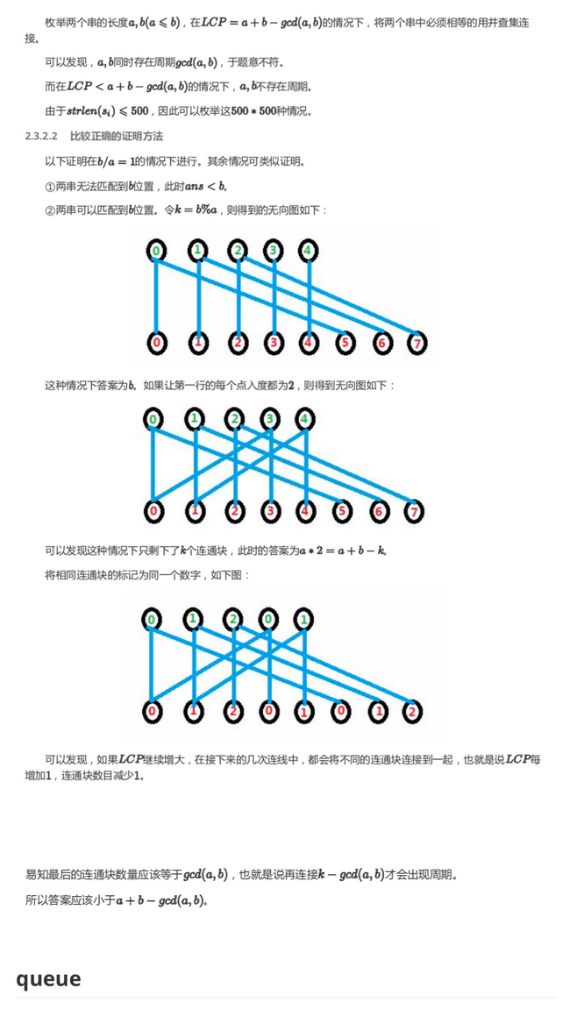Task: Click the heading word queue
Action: coord(49,978)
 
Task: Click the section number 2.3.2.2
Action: coord(41,136)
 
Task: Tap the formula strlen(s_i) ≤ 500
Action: coord(108,111)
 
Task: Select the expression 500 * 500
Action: coord(258,111)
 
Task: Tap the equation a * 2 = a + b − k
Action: coord(342,551)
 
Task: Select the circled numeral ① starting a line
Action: coord(50,186)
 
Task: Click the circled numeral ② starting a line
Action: coord(50,210)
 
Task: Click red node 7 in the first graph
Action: coord(417,343)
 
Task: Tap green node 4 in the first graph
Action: coord(309,251)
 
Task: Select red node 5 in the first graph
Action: coord(345,343)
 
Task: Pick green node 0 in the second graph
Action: coord(153,420)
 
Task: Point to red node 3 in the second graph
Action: coord(270,512)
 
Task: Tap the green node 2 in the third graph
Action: coord(233,619)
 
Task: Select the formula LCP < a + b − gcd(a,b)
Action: coord(126,86)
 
